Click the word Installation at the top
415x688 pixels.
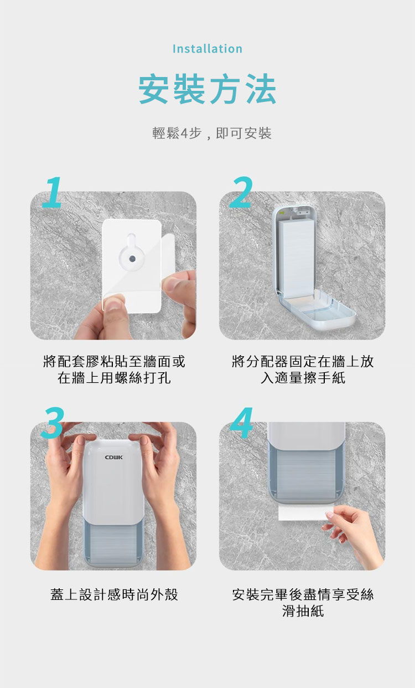pyautogui.click(x=207, y=49)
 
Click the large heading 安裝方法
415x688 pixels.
pyautogui.click(x=207, y=89)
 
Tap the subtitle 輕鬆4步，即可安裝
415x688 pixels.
pyautogui.click(x=211, y=134)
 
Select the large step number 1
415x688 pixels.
pyautogui.click(x=53, y=192)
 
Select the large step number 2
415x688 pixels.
pyautogui.click(x=241, y=192)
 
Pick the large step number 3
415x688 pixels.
pyautogui.click(x=53, y=423)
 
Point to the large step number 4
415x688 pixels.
pyautogui.click(x=242, y=423)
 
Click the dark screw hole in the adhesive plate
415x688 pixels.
pyautogui.click(x=132, y=259)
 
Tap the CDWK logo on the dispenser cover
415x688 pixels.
pyautogui.click(x=114, y=458)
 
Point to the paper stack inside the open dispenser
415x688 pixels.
pyautogui.click(x=296, y=258)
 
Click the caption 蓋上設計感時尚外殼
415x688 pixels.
pyautogui.click(x=114, y=594)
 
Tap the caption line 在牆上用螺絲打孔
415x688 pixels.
pyautogui.click(x=114, y=378)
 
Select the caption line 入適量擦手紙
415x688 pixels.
pyautogui.click(x=303, y=378)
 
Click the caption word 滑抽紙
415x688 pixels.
pyautogui.click(x=303, y=611)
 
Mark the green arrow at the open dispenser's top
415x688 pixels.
pyautogui.click(x=282, y=212)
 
